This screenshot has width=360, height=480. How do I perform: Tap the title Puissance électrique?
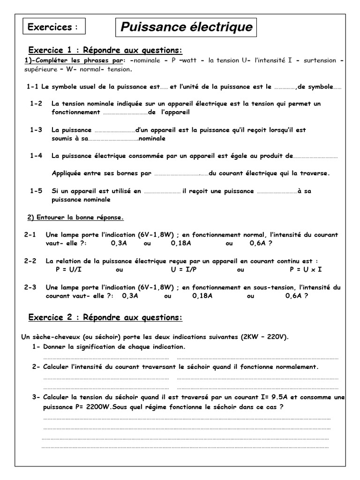click(x=186, y=27)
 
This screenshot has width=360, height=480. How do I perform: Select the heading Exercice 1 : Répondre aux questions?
click(x=105, y=50)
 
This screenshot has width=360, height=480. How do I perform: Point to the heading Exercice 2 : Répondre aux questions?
click(x=105, y=317)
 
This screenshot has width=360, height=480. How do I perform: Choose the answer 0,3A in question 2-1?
click(x=119, y=243)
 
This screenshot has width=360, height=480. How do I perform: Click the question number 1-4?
click(x=36, y=156)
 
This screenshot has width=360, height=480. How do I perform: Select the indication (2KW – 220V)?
click(x=265, y=337)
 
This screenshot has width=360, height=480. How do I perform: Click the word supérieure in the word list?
click(x=41, y=69)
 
